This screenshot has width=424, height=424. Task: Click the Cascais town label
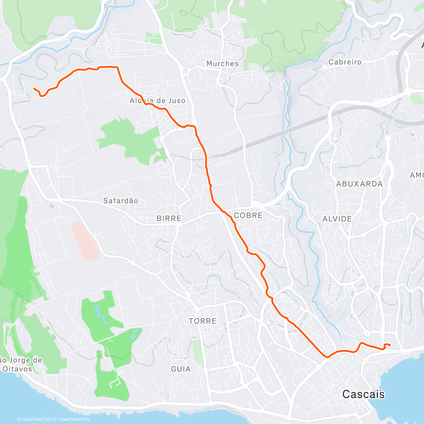[363, 394]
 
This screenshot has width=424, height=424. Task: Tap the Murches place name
[223, 64]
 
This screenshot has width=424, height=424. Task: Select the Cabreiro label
[345, 62]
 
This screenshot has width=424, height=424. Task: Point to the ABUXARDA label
[359, 184]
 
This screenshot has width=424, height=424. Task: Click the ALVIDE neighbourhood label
[337, 219]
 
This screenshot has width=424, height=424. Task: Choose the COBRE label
[248, 215]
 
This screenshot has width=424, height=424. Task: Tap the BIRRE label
[169, 218]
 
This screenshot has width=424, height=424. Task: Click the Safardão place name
[120, 201]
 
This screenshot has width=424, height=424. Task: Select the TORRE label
[202, 321]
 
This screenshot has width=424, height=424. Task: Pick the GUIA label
[181, 369]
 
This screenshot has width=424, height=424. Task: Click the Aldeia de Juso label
[158, 101]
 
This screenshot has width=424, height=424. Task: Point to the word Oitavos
[17, 369]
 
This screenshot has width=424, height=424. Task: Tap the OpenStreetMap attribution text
[74, 419]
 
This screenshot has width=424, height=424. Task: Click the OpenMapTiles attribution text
[37, 419]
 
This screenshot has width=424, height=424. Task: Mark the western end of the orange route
[34, 88]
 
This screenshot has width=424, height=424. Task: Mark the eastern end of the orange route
[390, 345]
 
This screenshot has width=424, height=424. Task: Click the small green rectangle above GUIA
[198, 352]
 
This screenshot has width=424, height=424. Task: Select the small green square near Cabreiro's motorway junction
[417, 99]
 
